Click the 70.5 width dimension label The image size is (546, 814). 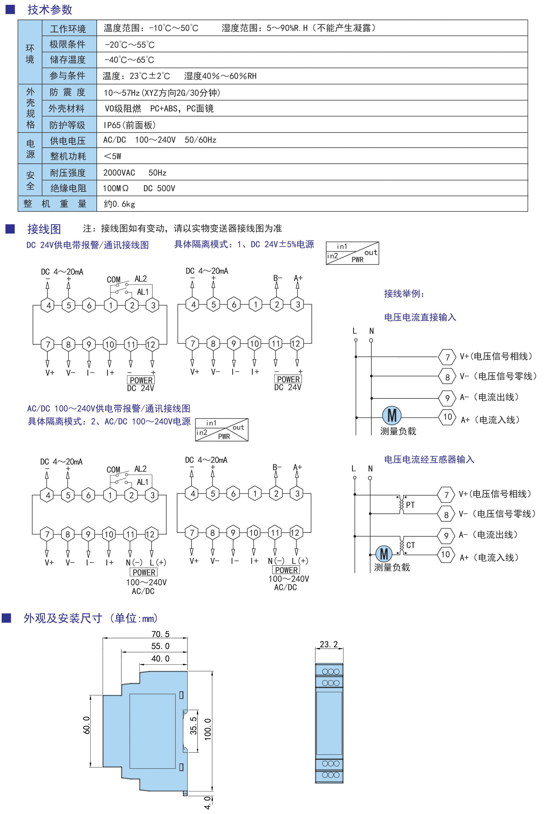(x=160, y=634)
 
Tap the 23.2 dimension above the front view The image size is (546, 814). (x=329, y=644)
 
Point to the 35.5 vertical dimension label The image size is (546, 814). (x=193, y=725)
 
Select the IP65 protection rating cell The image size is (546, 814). (x=129, y=125)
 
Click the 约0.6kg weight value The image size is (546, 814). (x=119, y=204)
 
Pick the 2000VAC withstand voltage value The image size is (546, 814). (x=119, y=173)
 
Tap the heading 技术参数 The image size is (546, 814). (x=50, y=10)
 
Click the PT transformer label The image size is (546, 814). (x=410, y=505)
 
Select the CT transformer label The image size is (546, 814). (x=411, y=545)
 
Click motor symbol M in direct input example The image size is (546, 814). (x=392, y=416)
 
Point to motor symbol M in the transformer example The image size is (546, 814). (x=384, y=554)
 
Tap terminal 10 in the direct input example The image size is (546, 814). (x=448, y=417)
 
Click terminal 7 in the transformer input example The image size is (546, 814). (x=446, y=494)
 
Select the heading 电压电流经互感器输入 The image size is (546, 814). (x=429, y=459)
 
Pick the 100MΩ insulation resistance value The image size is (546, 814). (x=116, y=188)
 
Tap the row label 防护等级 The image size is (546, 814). (x=67, y=125)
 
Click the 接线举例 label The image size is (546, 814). (x=404, y=294)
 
